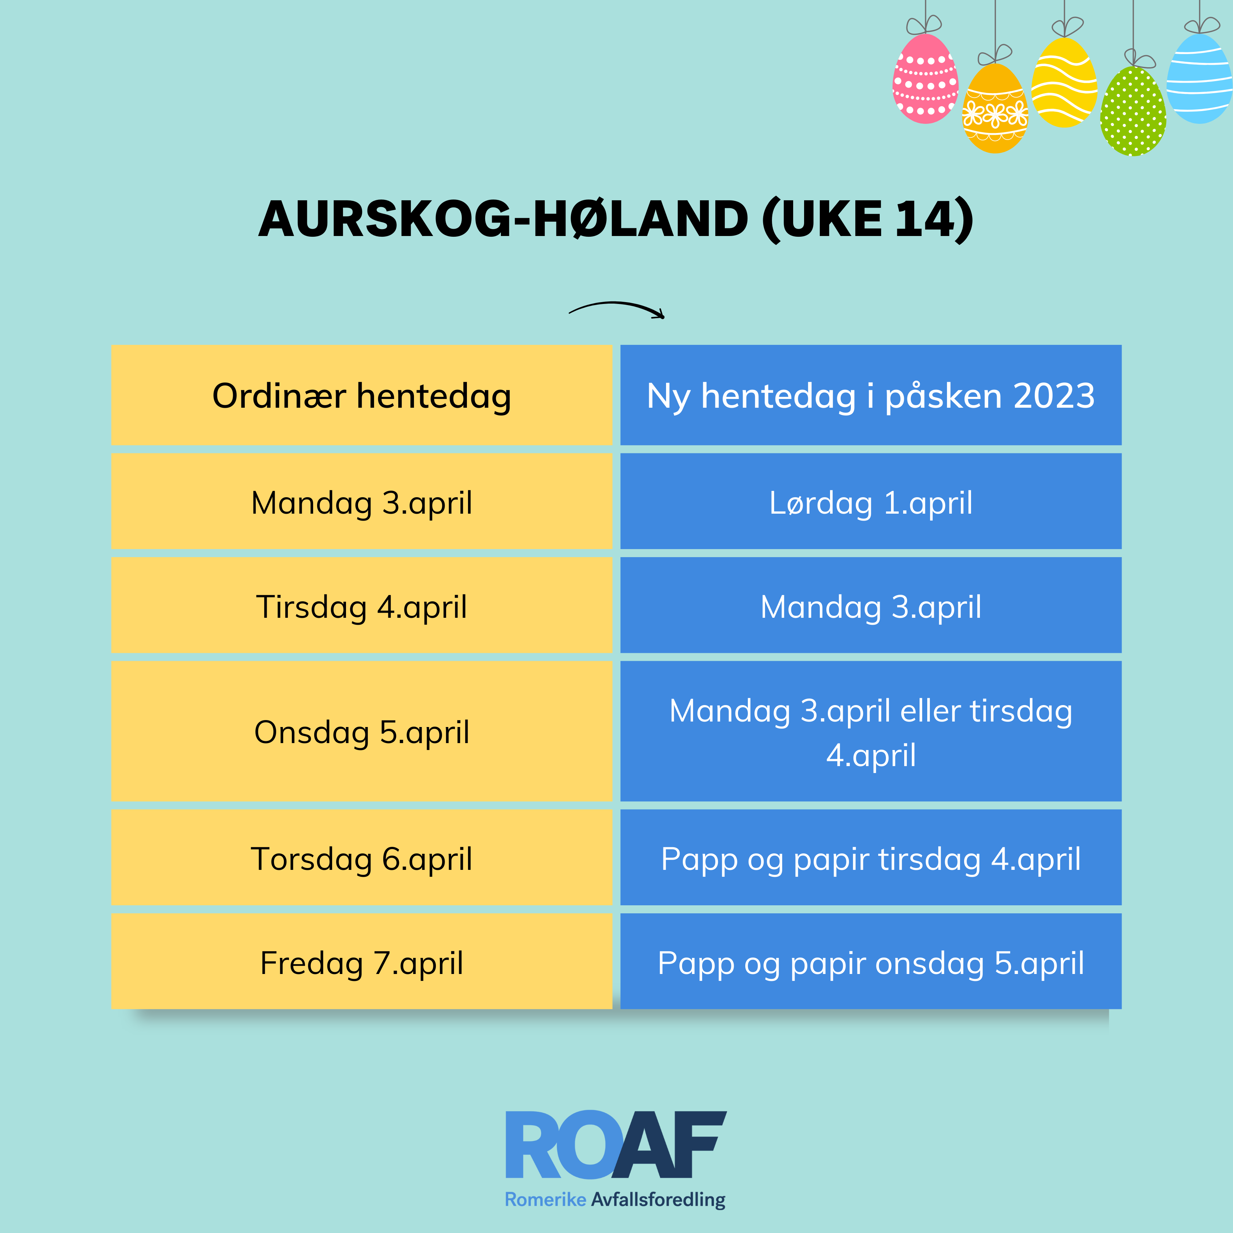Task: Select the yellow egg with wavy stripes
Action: (x=1064, y=82)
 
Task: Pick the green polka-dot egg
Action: (x=1133, y=111)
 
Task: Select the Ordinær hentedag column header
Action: (x=361, y=395)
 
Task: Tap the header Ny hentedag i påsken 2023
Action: (x=871, y=395)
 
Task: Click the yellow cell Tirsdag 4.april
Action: (x=361, y=605)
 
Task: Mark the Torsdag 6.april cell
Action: (x=361, y=857)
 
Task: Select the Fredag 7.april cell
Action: (x=361, y=961)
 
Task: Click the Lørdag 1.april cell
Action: (x=871, y=501)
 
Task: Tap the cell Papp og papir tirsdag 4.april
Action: (x=871, y=857)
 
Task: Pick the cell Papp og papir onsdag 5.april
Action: (x=871, y=961)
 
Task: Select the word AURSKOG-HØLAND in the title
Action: (x=503, y=219)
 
